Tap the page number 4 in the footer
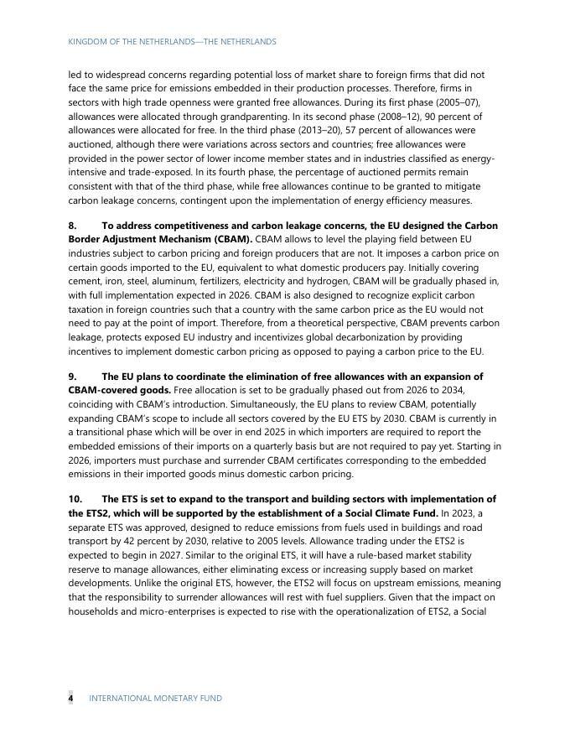pyautogui.click(x=71, y=698)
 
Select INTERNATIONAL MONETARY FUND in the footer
pyautogui.click(x=155, y=698)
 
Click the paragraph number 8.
pyautogui.click(x=72, y=226)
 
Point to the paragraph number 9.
pyautogui.click(x=72, y=377)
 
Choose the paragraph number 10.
pyautogui.click(x=75, y=499)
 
